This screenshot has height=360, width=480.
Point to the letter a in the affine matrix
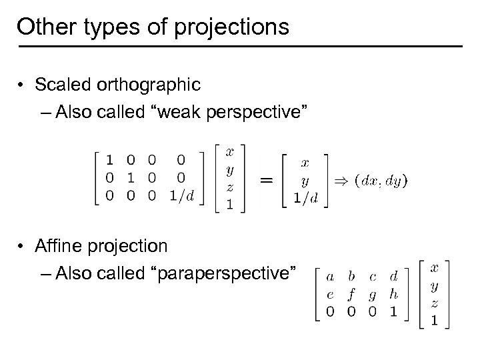point(329,275)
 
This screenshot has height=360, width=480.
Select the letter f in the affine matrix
point(351,294)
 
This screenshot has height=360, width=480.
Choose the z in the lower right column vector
point(434,304)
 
